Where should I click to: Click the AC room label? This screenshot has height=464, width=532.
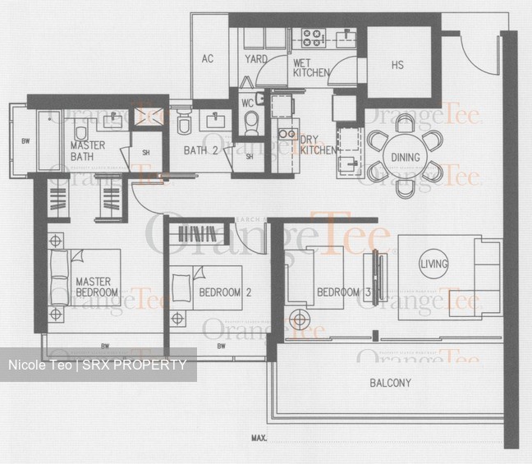[x=207, y=58]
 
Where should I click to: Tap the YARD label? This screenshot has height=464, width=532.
[x=256, y=59]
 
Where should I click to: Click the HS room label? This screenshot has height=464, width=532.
[x=397, y=65]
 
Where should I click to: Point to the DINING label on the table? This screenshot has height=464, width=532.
[x=406, y=158]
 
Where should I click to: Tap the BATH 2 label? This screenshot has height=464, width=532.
[x=200, y=150]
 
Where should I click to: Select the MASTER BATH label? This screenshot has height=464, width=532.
[x=87, y=151]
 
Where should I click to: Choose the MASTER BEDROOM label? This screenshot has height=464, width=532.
[x=97, y=287]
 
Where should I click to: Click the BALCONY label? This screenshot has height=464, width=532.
[x=391, y=383]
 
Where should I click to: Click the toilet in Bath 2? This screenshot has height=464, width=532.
[x=184, y=124]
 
